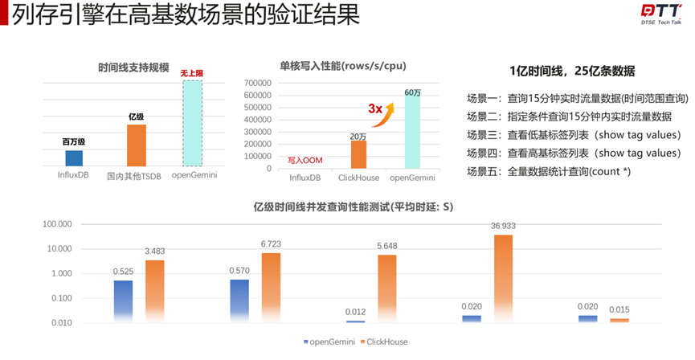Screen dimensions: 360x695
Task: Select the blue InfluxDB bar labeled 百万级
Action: [74, 158]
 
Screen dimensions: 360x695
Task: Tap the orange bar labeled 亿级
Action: [136, 145]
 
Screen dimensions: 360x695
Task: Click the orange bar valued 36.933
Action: [502, 278]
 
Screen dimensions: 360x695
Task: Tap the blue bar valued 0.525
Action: [123, 301]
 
